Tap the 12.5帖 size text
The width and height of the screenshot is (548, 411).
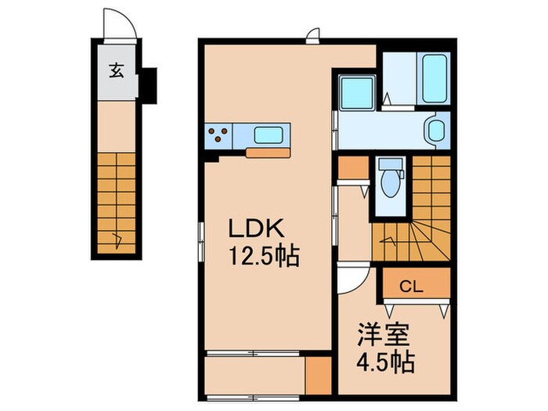(264, 256)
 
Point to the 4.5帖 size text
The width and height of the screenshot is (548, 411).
(384, 364)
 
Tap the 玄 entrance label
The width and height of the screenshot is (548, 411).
(116, 71)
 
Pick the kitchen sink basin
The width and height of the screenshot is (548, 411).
(268, 135)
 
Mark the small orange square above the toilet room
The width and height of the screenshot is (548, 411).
(352, 167)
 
